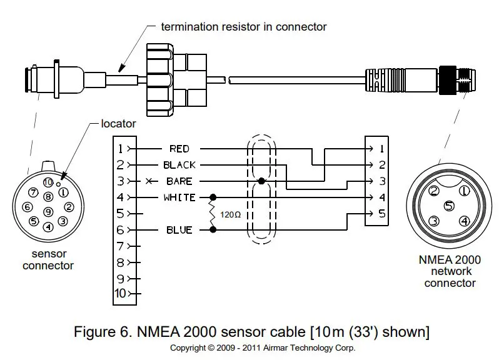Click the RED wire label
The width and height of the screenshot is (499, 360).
(x=179, y=149)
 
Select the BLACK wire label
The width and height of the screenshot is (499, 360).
(x=179, y=165)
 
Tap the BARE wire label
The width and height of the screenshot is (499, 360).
(x=179, y=181)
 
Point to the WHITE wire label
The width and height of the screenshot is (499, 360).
(x=179, y=197)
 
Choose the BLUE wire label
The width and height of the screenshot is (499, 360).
(x=179, y=230)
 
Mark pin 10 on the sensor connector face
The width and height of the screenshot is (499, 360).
(x=48, y=182)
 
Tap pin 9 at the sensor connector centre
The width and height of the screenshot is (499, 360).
(x=48, y=211)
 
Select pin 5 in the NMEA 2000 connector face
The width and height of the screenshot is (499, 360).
(x=448, y=205)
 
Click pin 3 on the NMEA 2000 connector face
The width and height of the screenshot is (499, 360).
(x=433, y=220)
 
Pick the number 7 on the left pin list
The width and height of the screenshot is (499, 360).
(x=121, y=246)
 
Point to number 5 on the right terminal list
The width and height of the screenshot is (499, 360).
(x=381, y=214)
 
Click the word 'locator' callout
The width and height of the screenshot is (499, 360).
(x=119, y=124)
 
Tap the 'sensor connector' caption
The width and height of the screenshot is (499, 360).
(x=48, y=259)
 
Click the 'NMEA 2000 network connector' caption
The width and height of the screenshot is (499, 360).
(x=450, y=271)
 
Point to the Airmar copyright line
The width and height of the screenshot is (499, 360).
(x=263, y=347)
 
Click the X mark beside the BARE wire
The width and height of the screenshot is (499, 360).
(x=148, y=181)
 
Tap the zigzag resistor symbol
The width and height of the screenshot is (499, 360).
(x=213, y=214)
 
